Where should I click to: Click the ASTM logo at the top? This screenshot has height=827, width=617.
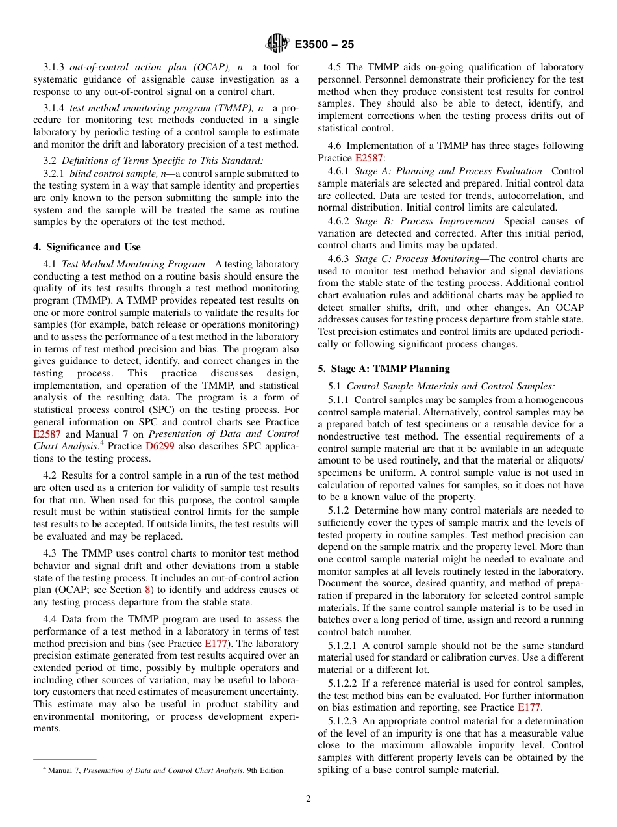(x=278, y=44)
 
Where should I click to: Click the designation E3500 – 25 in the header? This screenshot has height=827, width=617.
(x=324, y=44)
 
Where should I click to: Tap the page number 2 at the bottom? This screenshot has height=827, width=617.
(x=308, y=799)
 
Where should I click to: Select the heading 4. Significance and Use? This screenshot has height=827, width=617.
(x=86, y=247)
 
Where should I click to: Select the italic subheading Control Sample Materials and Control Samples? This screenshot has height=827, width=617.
(x=451, y=386)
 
